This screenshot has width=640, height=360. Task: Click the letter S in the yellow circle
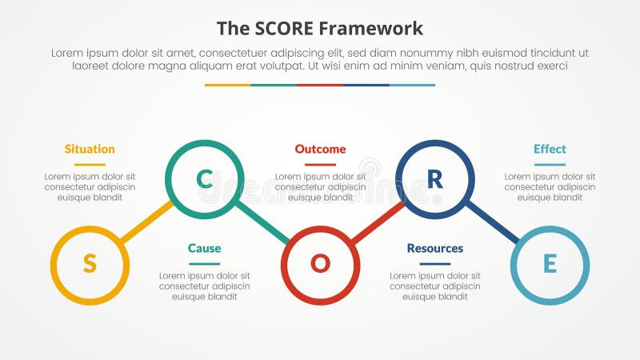coord(90,264)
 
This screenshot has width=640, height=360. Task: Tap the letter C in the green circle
coord(204,180)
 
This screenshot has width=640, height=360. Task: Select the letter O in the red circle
coord(320,264)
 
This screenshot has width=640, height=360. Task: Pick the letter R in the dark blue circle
coord(434,180)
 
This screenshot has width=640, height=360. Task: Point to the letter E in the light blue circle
coord(550,264)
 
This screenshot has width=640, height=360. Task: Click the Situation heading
coord(90,149)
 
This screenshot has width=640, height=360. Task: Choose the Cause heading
coord(204,248)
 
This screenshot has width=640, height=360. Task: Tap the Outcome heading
coord(320,149)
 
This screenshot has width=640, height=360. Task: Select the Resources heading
coord(434,248)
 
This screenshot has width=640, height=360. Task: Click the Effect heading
coord(550,149)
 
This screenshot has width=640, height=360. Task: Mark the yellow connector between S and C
coord(146,222)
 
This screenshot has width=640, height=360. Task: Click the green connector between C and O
coord(262,222)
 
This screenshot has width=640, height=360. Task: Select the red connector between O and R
coord(377,222)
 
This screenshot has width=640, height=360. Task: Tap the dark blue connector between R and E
coord(492,222)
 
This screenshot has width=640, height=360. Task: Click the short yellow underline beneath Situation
coord(90,164)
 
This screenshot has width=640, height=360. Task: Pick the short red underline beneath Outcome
coord(320,164)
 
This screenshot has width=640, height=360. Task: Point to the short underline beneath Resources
coord(434,263)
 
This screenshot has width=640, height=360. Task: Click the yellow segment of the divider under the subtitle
coord(227,85)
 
